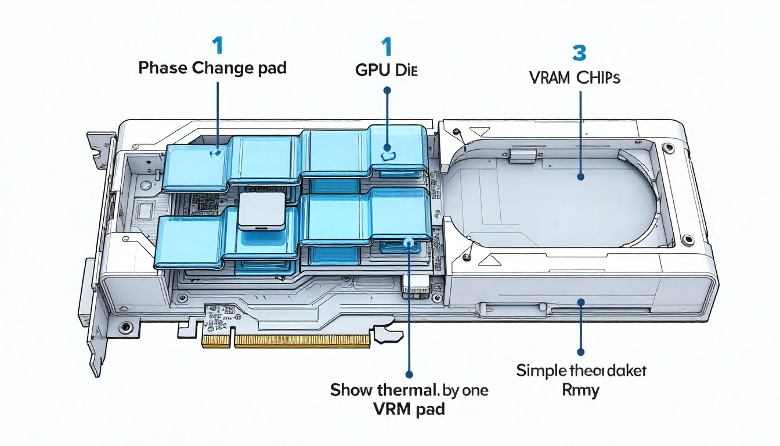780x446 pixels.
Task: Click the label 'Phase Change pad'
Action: click(212, 68)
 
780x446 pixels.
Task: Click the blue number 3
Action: click(579, 53)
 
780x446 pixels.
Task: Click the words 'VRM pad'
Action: click(409, 408)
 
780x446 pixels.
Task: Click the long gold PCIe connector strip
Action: click(301, 341)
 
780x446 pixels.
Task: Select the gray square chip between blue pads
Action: click(262, 210)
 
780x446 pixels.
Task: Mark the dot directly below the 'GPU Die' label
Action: click(387, 91)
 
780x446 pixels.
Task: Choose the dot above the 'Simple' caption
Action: click(580, 351)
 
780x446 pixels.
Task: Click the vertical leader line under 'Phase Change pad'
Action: click(218, 113)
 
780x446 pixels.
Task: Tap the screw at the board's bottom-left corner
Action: click(124, 327)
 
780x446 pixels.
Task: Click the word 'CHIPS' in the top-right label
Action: click(598, 77)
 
